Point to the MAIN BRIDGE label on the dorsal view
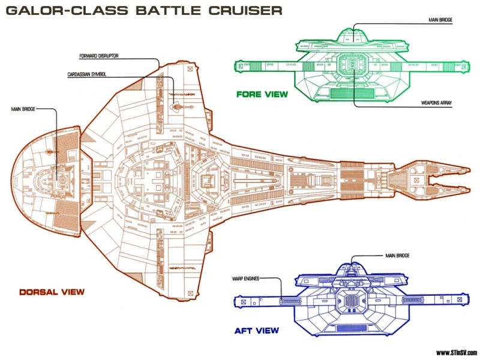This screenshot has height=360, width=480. coord(23,109)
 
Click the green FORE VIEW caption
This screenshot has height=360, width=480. coord(262,94)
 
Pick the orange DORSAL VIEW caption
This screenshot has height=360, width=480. coord(51,292)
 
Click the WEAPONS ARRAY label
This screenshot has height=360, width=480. coord(437,103)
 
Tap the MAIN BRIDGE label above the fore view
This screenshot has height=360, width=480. coord(440,20)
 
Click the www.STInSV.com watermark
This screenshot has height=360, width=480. coord(455,352)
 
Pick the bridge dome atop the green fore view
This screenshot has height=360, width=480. coord(354,37)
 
